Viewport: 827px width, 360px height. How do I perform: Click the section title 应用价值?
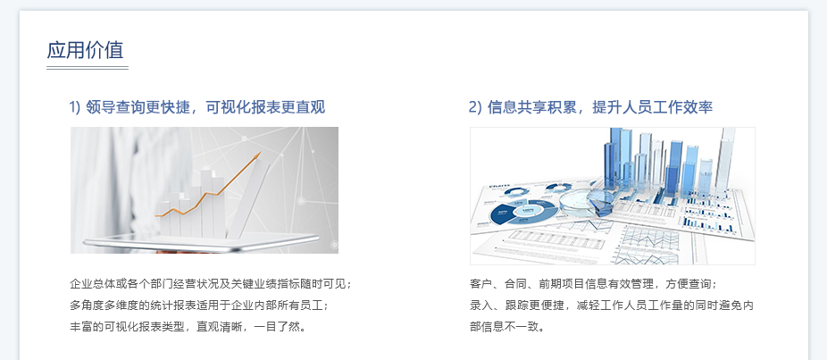[x=85, y=50]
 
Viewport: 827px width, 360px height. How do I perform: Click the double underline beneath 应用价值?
[x=88, y=68]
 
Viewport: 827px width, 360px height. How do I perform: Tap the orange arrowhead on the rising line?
[x=257, y=155]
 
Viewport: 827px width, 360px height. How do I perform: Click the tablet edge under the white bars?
[x=200, y=243]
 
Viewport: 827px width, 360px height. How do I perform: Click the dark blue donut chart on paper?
[x=523, y=212]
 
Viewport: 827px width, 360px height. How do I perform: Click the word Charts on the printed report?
[x=499, y=187]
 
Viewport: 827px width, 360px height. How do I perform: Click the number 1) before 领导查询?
[x=75, y=107]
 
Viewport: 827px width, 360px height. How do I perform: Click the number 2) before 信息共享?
[x=476, y=107]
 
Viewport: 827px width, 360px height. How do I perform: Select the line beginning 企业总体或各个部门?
[x=211, y=284]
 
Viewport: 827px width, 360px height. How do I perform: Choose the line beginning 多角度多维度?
[x=199, y=306]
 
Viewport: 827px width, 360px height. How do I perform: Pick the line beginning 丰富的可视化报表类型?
[x=188, y=326]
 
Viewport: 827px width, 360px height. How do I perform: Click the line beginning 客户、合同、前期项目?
[x=593, y=284]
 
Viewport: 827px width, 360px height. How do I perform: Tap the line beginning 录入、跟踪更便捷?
[x=611, y=306]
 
